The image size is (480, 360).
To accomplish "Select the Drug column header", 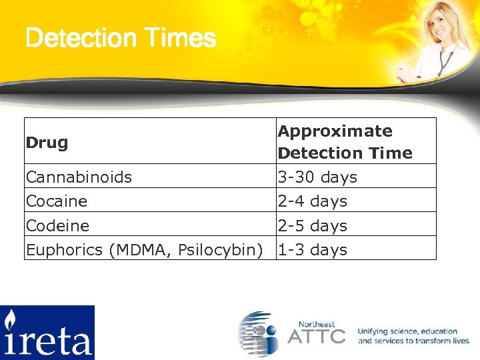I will pos(47,142).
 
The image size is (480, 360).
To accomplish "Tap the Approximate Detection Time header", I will pos(345,142).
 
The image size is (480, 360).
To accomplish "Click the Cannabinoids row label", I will pos(79,177).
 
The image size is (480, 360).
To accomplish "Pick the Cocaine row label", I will pos(57,201).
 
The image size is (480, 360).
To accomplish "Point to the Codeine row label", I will pos(57,226).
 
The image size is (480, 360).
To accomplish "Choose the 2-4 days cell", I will pos(312,201).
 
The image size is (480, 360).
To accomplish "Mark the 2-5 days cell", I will pos(312,226).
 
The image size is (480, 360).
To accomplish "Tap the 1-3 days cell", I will pos(312,250).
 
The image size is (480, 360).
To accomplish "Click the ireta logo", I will pos(47,332).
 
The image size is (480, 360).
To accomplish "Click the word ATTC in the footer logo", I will pos(317,336).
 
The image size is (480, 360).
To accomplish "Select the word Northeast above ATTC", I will pos(317,323).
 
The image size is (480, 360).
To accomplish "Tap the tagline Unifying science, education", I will pos(407,331).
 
